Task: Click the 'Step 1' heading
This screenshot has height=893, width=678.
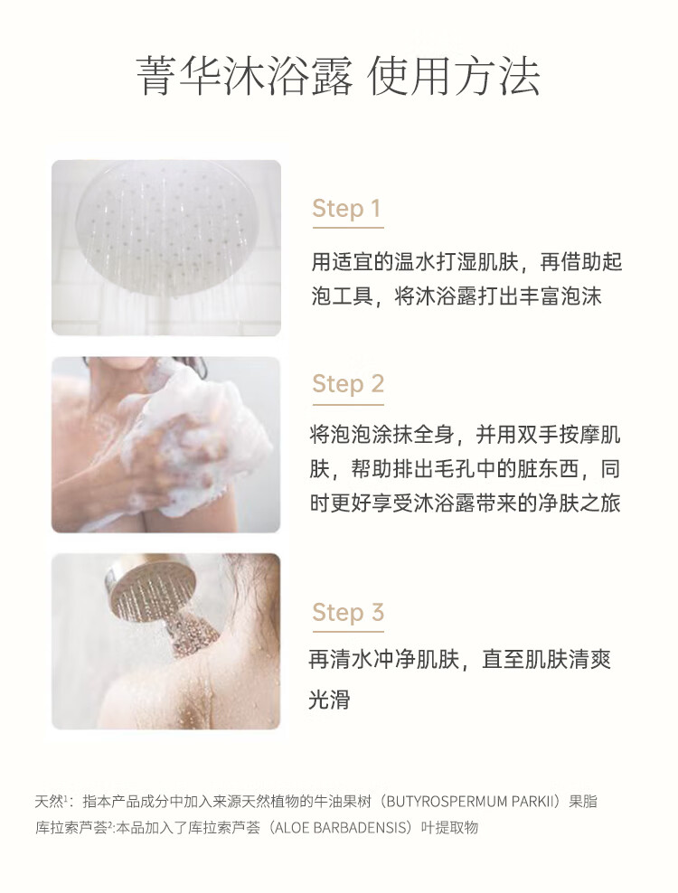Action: coord(346,209)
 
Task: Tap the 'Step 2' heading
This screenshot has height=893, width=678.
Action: coord(348,384)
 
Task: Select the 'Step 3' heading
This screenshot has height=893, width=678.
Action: coord(348,612)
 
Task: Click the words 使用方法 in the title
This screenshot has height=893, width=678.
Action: coord(454,76)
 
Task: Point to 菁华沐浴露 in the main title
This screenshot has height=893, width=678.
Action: coord(244,76)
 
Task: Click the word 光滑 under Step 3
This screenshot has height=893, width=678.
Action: coord(329,700)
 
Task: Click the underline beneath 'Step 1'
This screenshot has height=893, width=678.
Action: coord(347,228)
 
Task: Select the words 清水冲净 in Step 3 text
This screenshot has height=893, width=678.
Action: coord(372,660)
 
